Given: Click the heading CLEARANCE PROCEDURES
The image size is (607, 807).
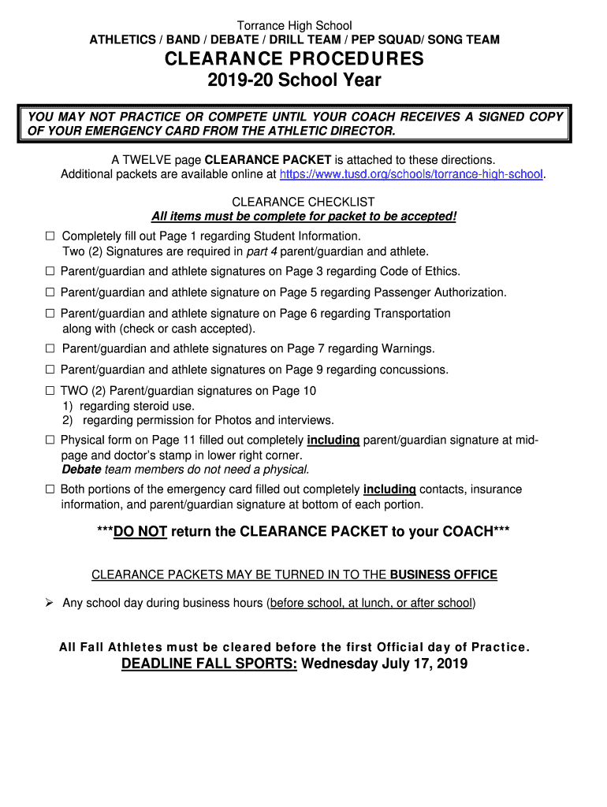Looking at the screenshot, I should point(294,59).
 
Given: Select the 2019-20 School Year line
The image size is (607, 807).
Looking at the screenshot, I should point(294,80).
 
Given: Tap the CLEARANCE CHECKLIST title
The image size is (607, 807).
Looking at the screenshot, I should point(303,203).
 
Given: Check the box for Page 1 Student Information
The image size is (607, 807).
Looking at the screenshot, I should point(50,236).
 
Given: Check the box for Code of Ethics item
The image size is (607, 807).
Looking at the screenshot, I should point(50,272).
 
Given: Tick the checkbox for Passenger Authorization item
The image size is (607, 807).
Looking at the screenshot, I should point(50,293).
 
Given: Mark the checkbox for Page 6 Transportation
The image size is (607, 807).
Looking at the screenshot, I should point(50,314).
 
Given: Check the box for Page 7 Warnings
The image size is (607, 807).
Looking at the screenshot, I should point(50,349).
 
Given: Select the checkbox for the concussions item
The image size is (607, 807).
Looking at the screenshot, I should point(50,370).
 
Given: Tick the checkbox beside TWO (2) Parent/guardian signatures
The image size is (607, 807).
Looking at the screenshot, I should point(50,391).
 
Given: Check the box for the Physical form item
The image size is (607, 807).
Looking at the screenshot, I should point(50,441).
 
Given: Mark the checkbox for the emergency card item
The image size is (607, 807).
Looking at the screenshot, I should point(50,489).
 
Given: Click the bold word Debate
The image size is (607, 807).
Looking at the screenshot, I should point(81,470).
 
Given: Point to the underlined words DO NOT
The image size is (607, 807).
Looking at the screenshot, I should point(140,532).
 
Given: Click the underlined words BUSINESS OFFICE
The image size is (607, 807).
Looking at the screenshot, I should point(444,575).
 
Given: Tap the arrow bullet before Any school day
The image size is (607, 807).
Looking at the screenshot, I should point(49,603).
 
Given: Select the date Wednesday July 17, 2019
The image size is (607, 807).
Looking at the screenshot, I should point(385,664).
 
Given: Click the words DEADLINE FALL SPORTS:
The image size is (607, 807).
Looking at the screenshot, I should point(209,664).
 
